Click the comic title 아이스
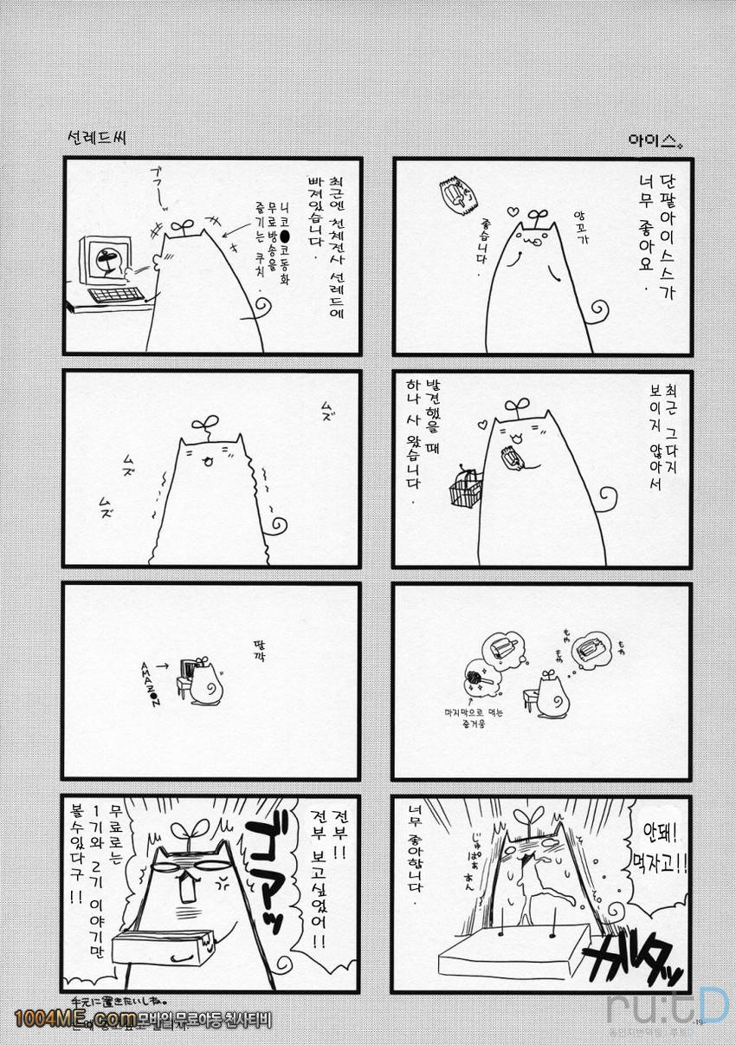(x=657, y=140)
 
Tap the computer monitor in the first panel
(x=106, y=260)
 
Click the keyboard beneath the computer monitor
(x=115, y=295)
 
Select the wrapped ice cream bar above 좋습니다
(x=456, y=196)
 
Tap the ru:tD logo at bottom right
(x=667, y=1007)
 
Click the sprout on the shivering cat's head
(x=205, y=425)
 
